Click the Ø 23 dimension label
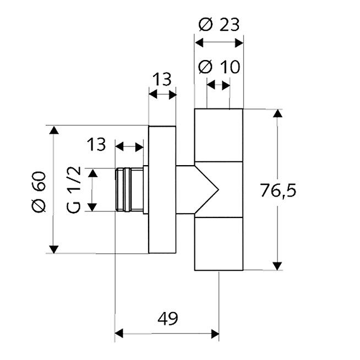219,25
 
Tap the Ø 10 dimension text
219,67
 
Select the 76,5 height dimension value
279,191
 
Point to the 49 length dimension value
168,319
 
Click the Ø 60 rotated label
39,192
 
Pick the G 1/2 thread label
74,190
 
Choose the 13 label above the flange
162,79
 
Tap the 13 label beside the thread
96,144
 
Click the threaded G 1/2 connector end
129,190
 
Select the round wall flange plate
162,190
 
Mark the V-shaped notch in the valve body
206,190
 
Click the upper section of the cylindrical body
219,135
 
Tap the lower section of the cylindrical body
219,244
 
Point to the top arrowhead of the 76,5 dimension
277,113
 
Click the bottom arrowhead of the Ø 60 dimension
54,249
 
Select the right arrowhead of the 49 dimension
215,334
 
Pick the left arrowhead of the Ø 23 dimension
199,43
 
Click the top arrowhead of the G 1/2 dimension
92,173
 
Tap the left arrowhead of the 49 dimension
119,334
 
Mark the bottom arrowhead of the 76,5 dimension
277,266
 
